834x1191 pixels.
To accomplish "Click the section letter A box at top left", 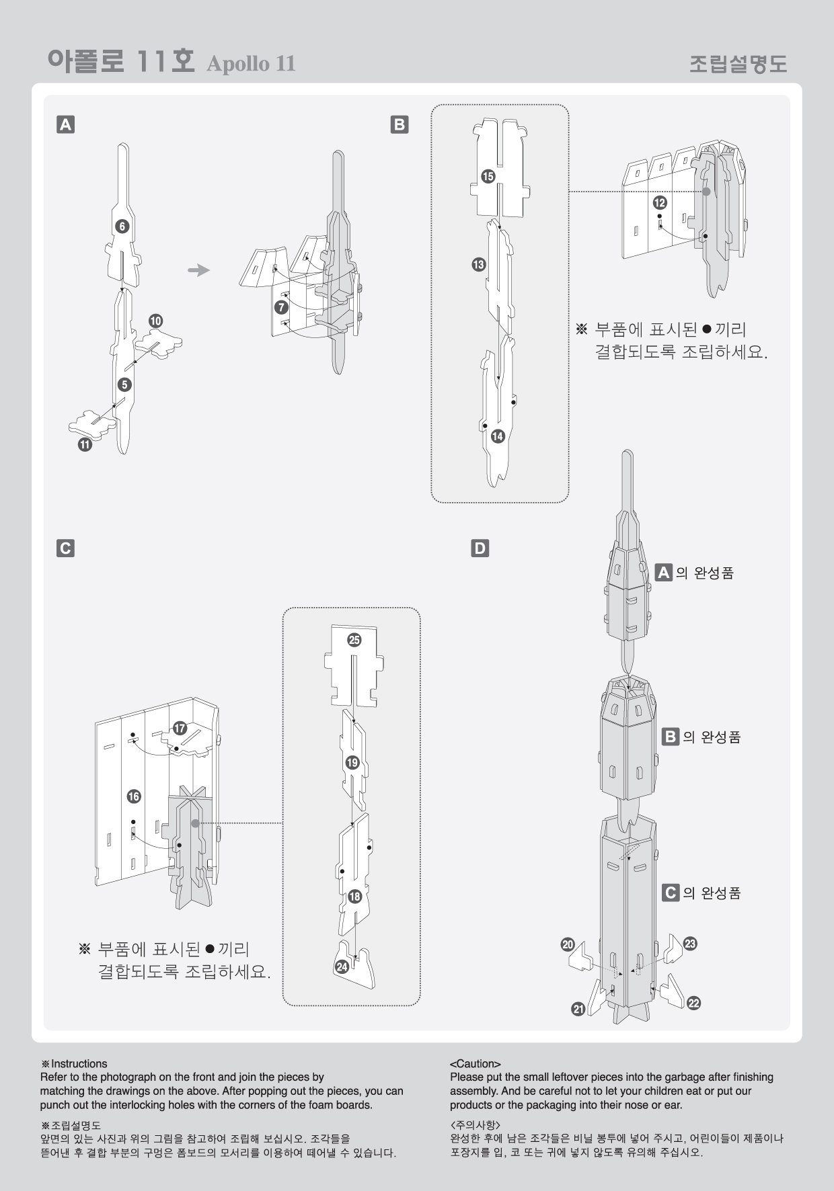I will [x=65, y=124].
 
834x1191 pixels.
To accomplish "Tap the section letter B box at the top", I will [x=400, y=124].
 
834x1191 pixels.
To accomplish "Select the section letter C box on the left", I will [x=65, y=548].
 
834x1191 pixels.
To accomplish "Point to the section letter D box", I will [x=480, y=548].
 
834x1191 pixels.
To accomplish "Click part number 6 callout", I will [x=122, y=227].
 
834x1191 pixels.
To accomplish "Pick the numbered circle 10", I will [x=155, y=321].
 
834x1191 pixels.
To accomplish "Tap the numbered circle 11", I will [x=85, y=444].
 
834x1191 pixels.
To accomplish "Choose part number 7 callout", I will [x=281, y=307].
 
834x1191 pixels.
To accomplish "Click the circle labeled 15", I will [x=488, y=177].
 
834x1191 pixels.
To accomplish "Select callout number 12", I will [x=660, y=202].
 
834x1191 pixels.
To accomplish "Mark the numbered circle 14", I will [x=498, y=436].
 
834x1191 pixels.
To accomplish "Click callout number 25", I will [x=354, y=640].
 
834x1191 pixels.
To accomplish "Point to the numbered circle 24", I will [x=342, y=967].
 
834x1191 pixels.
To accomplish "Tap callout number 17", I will [x=180, y=729].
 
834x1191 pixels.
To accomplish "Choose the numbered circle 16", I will [x=134, y=796].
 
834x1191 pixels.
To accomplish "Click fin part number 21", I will [x=578, y=1008].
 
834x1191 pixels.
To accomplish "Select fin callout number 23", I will [x=690, y=944].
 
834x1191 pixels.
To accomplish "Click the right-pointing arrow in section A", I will [x=199, y=270].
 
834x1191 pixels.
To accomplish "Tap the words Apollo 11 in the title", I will [x=251, y=64].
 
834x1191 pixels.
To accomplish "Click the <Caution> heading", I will [x=475, y=1064].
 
